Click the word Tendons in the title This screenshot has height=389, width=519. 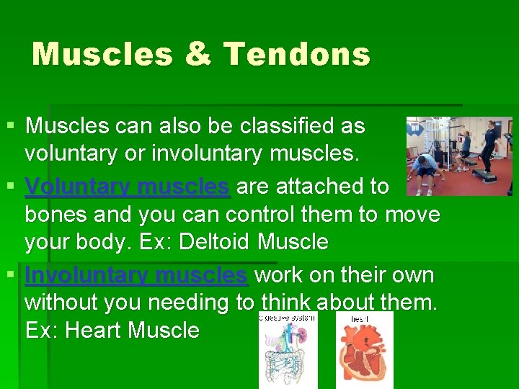pos(297,54)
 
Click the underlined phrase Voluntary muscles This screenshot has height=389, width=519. pos(127,187)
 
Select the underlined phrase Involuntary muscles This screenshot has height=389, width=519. pos(136,276)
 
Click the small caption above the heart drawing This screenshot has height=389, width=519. pos(360,318)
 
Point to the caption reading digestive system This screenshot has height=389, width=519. pos(288,317)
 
